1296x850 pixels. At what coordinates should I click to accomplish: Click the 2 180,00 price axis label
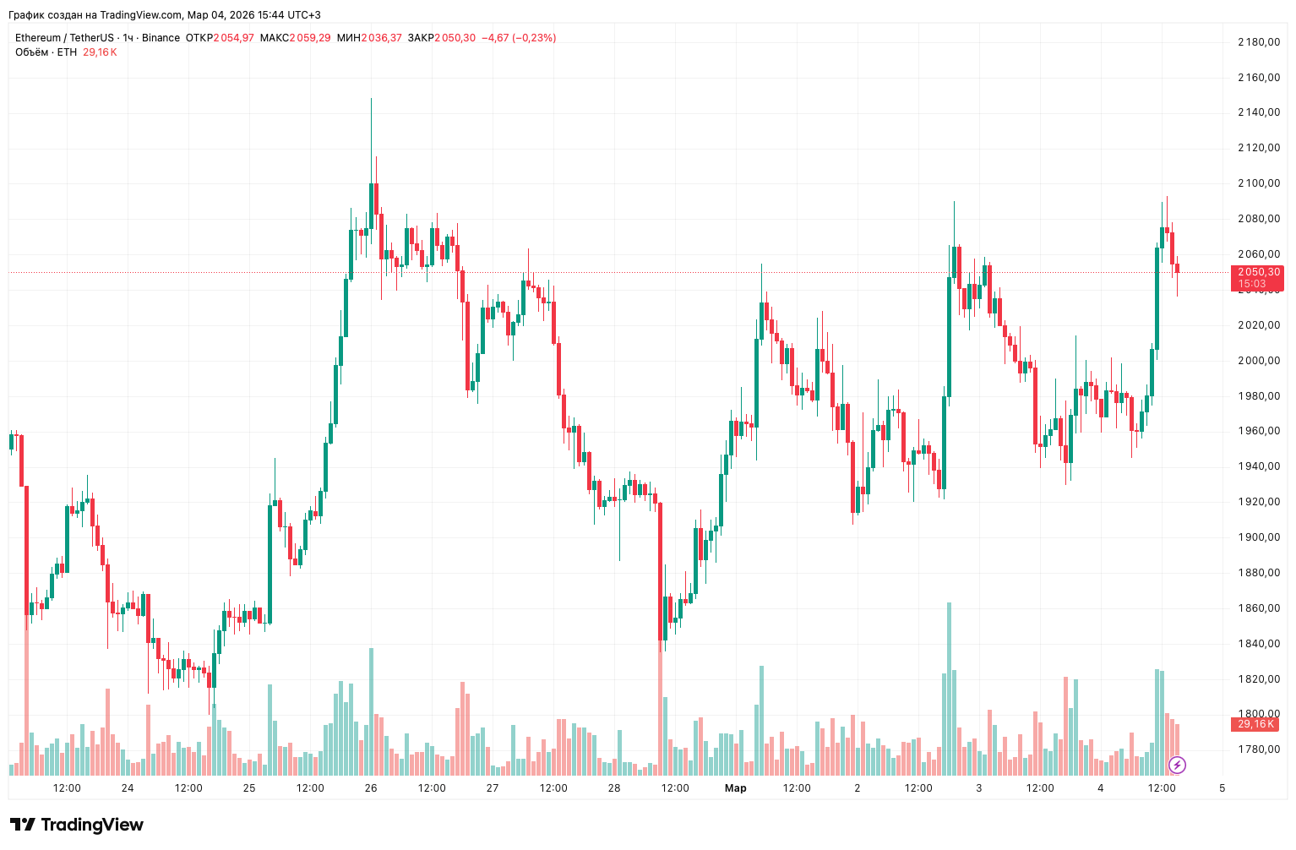click(1258, 42)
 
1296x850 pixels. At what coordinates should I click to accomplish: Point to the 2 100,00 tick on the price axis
click(1258, 183)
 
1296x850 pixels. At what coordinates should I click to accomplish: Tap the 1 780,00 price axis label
click(1258, 749)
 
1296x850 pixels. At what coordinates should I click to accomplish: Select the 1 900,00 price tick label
click(1258, 537)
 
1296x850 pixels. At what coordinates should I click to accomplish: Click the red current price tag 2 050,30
click(1257, 272)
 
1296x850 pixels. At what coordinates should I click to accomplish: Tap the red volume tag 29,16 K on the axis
click(1255, 724)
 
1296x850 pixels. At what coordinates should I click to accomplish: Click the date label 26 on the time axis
click(371, 788)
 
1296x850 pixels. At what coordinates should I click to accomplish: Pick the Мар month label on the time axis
click(736, 788)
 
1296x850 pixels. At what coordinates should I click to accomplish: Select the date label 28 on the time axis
click(614, 788)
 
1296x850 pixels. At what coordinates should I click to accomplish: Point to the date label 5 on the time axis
click(1222, 788)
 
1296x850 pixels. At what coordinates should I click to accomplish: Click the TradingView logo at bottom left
click(77, 825)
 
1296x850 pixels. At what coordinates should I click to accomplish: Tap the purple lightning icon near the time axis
click(1177, 766)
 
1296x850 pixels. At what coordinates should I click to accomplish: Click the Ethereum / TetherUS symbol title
click(64, 38)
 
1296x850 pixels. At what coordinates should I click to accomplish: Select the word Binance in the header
click(161, 38)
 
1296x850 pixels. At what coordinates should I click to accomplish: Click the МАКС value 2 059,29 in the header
click(309, 38)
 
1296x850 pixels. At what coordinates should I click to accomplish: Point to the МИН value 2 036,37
click(381, 38)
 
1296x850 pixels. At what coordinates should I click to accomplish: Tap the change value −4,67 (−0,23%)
click(519, 38)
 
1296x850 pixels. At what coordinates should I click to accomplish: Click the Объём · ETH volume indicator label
click(46, 52)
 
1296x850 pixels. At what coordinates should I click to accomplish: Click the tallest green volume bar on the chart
click(950, 689)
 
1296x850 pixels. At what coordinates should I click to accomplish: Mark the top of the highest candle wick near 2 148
click(371, 99)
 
